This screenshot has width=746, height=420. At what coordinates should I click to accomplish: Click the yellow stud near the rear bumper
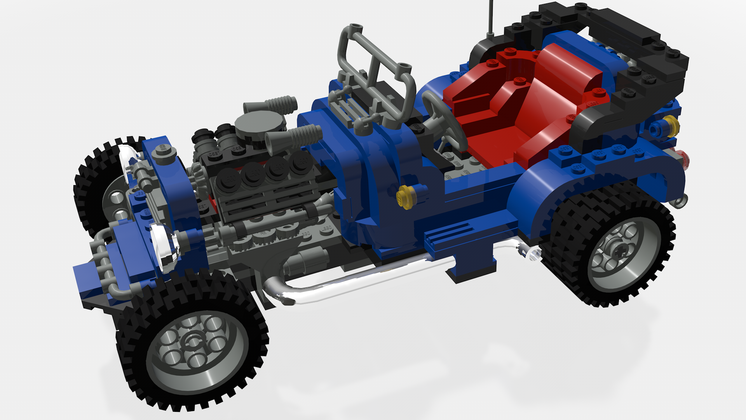[x=671, y=125]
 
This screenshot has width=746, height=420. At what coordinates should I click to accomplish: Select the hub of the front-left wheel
[x=193, y=342]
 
